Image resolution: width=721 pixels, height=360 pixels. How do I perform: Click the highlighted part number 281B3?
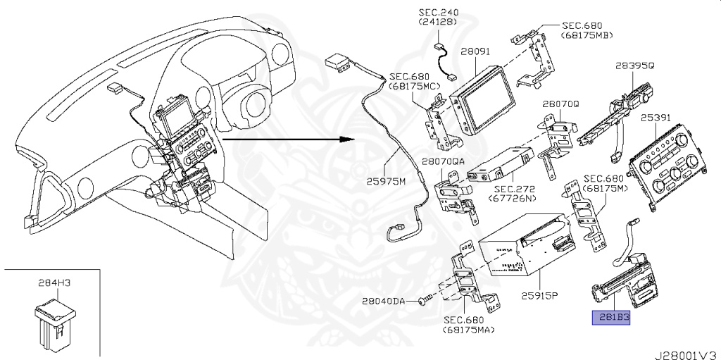[x=610, y=318]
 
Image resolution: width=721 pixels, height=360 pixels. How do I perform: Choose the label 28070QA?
[x=444, y=161]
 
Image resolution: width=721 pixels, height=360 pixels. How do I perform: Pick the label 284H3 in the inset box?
[x=54, y=283]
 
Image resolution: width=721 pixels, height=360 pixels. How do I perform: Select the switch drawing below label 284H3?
[x=57, y=323]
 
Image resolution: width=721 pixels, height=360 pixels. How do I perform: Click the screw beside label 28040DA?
[x=422, y=301]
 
